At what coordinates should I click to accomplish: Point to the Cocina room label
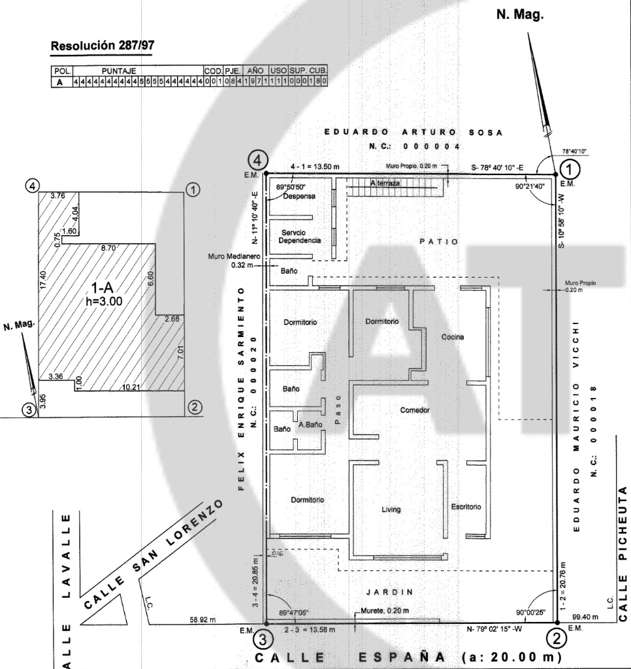[452, 337]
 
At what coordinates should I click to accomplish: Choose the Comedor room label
[415, 410]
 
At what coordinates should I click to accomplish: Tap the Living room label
[391, 510]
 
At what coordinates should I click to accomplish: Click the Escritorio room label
[466, 506]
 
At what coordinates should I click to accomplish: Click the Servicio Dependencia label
[299, 236]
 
